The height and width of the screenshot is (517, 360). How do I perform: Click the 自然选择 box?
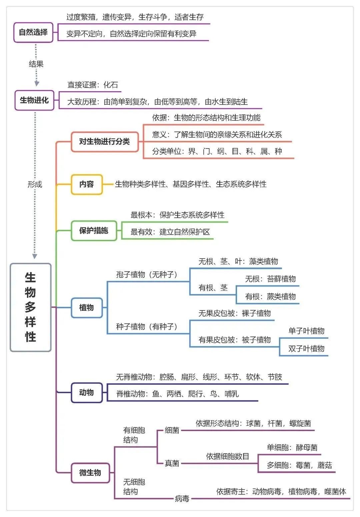coord(33,32)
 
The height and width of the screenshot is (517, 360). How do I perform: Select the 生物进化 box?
coord(34,100)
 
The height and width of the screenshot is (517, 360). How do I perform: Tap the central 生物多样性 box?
coord(30,307)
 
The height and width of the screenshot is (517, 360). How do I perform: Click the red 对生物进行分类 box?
coord(104,142)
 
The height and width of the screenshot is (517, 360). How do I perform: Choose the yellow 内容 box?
coord(86,184)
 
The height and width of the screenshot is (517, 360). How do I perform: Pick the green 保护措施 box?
coord(94,231)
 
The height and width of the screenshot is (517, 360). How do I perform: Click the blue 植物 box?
coord(86,307)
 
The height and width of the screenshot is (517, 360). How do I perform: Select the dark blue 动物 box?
coord(86,393)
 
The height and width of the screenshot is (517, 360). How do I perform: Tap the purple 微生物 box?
coord(90,473)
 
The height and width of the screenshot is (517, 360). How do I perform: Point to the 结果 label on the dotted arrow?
coord(36,64)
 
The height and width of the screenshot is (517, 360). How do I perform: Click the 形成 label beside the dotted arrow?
coord(35,185)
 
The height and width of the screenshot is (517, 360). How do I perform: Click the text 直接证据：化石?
coord(93,85)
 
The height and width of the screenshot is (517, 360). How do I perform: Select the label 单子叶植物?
coord(306,331)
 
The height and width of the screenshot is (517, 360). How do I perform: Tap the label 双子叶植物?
coord(306,349)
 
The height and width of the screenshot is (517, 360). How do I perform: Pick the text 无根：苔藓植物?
coord(270,279)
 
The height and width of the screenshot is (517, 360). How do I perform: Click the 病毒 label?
coord(182,499)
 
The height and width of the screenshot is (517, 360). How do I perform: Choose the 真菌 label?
coord(172,463)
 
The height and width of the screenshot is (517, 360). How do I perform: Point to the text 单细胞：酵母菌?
coord(292,447)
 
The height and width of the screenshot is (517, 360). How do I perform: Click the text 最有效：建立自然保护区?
coord(170,232)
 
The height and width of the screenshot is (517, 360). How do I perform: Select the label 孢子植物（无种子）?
coord(147,274)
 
